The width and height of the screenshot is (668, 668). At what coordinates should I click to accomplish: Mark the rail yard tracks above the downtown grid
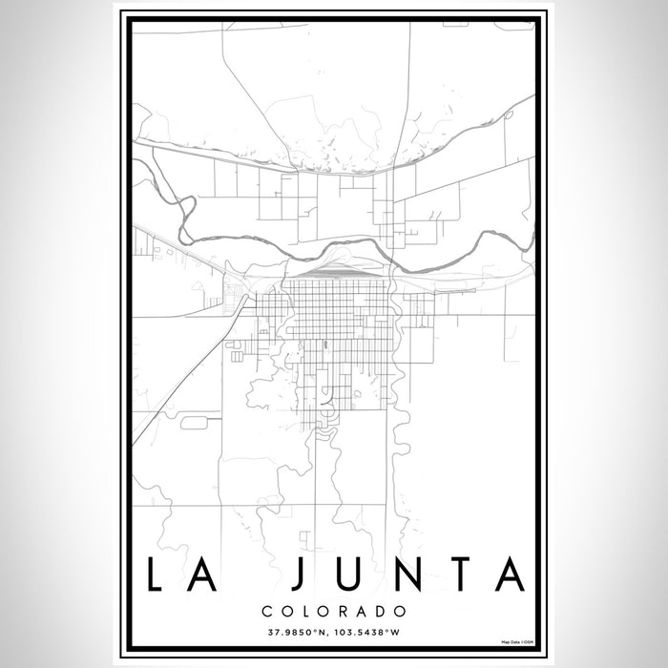coord(339,273)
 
